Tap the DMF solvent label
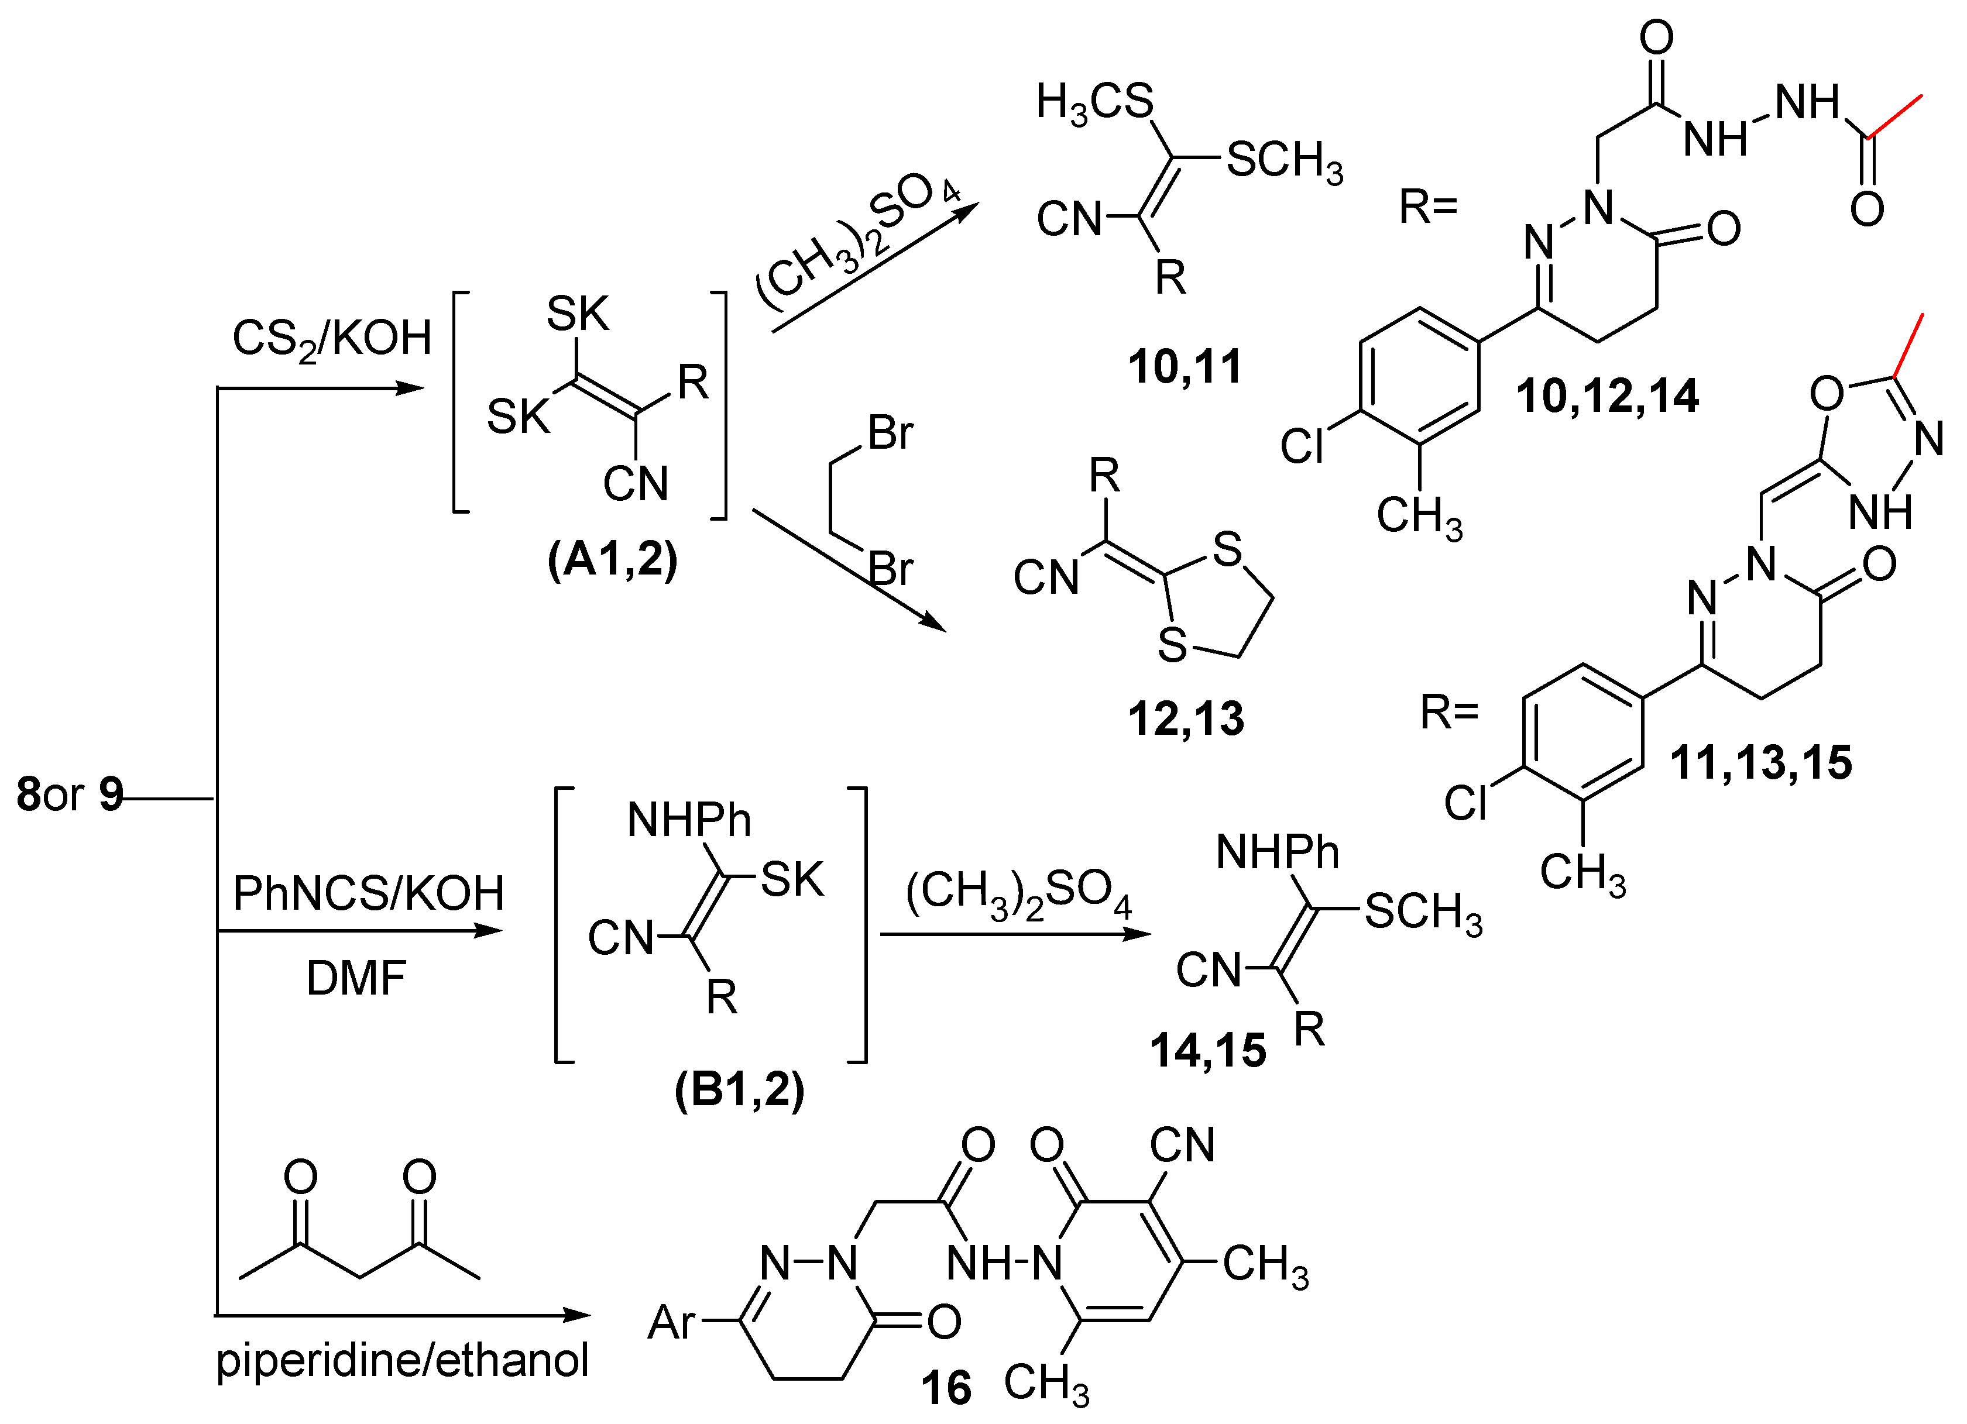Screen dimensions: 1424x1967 click(356, 978)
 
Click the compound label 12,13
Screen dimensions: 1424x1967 click(1186, 719)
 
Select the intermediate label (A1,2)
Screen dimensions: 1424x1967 click(612, 560)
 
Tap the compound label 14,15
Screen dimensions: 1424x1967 click(1207, 1050)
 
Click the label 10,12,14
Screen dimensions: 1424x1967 click(1607, 396)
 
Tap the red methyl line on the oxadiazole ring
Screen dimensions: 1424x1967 click(1910, 345)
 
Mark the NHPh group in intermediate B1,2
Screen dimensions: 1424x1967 click(689, 820)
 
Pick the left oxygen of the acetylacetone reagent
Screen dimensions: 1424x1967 click(301, 1178)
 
